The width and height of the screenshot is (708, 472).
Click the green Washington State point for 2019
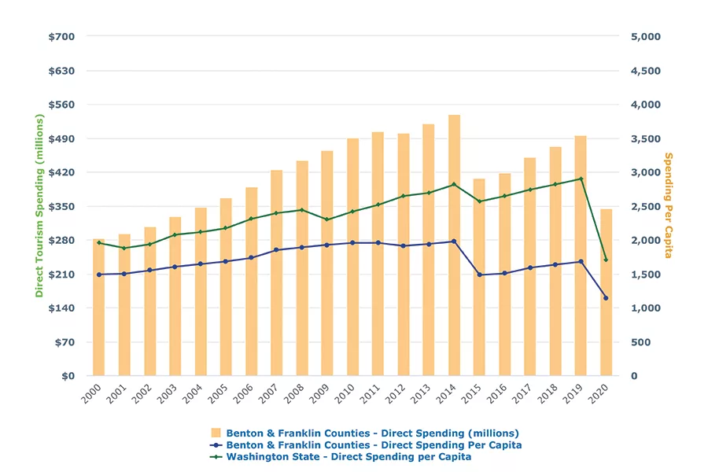tap(581, 179)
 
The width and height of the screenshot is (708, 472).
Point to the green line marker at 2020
tap(606, 260)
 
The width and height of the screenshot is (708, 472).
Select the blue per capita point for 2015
tap(479, 275)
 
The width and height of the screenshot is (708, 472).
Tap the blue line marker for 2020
tap(606, 298)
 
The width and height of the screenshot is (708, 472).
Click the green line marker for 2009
tap(326, 219)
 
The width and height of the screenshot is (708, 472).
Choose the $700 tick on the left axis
tap(63, 36)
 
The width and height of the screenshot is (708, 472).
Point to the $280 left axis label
tap(63, 240)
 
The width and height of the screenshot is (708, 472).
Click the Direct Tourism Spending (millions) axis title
tap(39, 206)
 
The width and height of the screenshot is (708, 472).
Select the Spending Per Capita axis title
tap(669, 206)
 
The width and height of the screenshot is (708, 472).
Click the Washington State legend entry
tap(348, 457)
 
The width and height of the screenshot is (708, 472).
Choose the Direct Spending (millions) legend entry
tap(372, 433)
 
